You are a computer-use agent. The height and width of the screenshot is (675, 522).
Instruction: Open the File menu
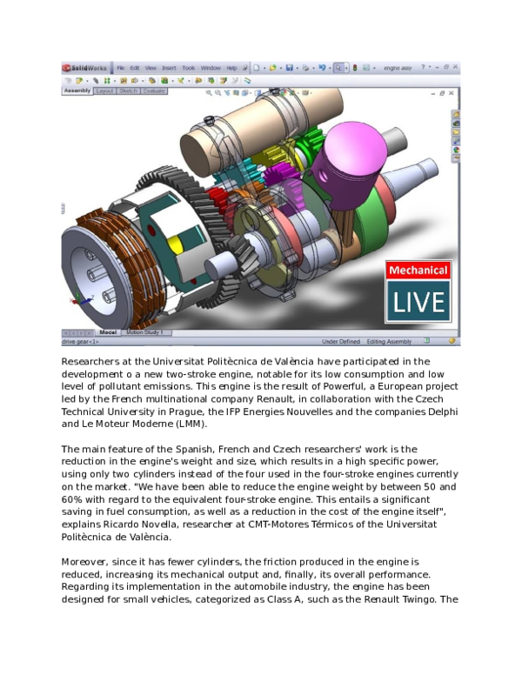coord(121,68)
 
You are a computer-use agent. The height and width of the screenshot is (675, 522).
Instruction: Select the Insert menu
coord(168,68)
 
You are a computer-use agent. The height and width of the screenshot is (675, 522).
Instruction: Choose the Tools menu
coord(188,68)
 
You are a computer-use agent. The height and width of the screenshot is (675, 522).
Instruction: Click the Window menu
coord(211,68)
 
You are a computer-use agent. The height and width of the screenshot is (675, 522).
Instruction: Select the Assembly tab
coord(77,90)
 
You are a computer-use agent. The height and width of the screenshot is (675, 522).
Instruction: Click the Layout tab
coord(104,90)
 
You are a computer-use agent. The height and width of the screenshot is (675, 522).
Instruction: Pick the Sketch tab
coord(128,90)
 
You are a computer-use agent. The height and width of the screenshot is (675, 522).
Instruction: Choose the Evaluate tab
coord(154,90)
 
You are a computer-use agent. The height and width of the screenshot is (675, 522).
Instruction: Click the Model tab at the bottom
coord(108,332)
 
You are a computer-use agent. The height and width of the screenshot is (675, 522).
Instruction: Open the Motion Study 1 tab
coord(147,332)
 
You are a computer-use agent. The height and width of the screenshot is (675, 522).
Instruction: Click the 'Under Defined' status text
coord(340,342)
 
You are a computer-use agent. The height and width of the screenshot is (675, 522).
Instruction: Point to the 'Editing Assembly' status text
coord(389,342)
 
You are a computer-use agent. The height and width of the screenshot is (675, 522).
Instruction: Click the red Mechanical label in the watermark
coord(418,271)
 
